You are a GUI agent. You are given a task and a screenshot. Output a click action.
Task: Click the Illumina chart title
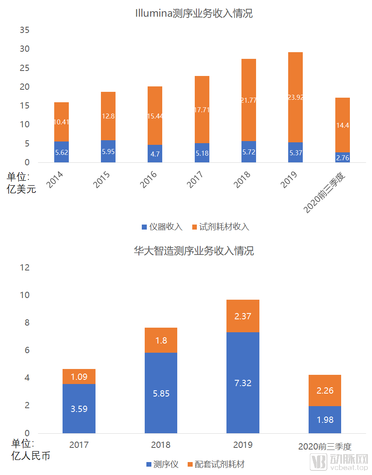pos(194,14)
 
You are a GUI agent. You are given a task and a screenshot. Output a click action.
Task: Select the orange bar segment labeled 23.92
pos(295,97)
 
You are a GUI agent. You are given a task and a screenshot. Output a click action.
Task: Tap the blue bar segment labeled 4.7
pos(155,154)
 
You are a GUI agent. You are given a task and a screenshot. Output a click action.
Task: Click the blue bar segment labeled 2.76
pos(342,157)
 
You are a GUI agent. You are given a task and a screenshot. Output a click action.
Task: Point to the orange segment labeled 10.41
pos(61,122)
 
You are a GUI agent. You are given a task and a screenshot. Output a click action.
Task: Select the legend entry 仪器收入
pos(162,227)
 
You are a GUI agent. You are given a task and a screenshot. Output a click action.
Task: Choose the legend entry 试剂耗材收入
pos(221,227)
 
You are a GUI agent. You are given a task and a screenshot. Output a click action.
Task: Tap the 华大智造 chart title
pos(194,251)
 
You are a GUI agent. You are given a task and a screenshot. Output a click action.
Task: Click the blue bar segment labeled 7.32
pos(243,383)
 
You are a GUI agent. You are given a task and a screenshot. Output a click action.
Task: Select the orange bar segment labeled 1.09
pos(79,376)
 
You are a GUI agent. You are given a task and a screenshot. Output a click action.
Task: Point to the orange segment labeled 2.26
pos(325,391)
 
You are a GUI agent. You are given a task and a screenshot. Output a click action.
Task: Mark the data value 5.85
pos(161,393)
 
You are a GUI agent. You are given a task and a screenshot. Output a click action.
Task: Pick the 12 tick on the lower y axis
pos(25,268)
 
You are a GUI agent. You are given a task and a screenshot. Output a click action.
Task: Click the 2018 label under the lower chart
pos(161,445)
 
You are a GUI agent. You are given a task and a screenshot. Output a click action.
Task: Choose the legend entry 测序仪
pos(162,464)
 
